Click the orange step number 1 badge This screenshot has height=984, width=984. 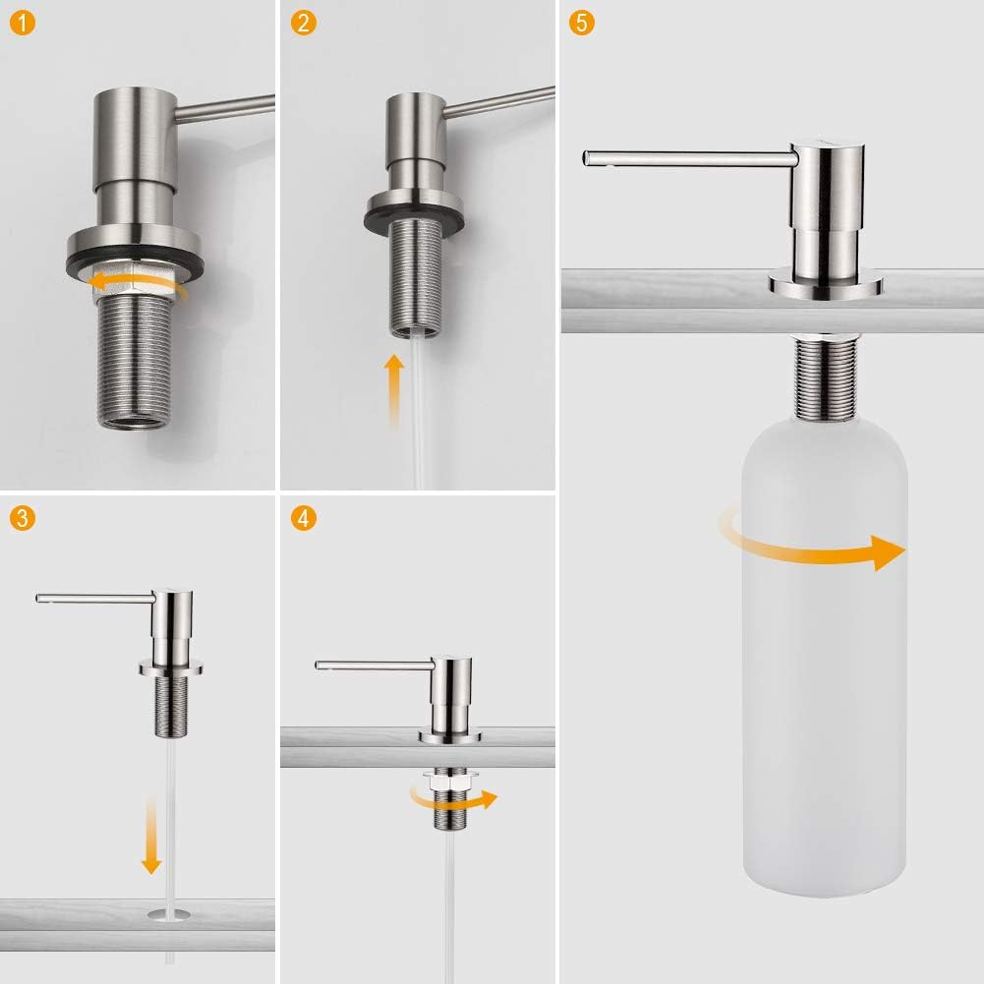[23, 24]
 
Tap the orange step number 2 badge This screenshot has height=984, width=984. [304, 24]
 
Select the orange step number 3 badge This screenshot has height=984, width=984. [23, 518]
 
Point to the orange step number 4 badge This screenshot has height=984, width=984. [304, 518]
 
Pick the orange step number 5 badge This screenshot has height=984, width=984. [582, 24]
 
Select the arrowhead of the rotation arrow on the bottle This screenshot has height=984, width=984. [890, 552]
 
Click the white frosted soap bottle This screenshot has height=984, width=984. [825, 656]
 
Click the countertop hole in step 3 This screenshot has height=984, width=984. [168, 914]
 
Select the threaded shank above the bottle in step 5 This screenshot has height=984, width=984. [825, 377]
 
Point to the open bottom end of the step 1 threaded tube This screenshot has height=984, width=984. [135, 422]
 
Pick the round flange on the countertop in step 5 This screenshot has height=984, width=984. [826, 284]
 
